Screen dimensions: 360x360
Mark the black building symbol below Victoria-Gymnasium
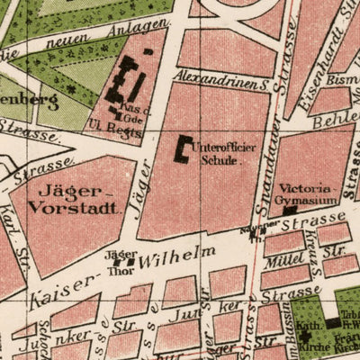[x=289, y=211]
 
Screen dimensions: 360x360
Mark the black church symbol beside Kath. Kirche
[x=333, y=322]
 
